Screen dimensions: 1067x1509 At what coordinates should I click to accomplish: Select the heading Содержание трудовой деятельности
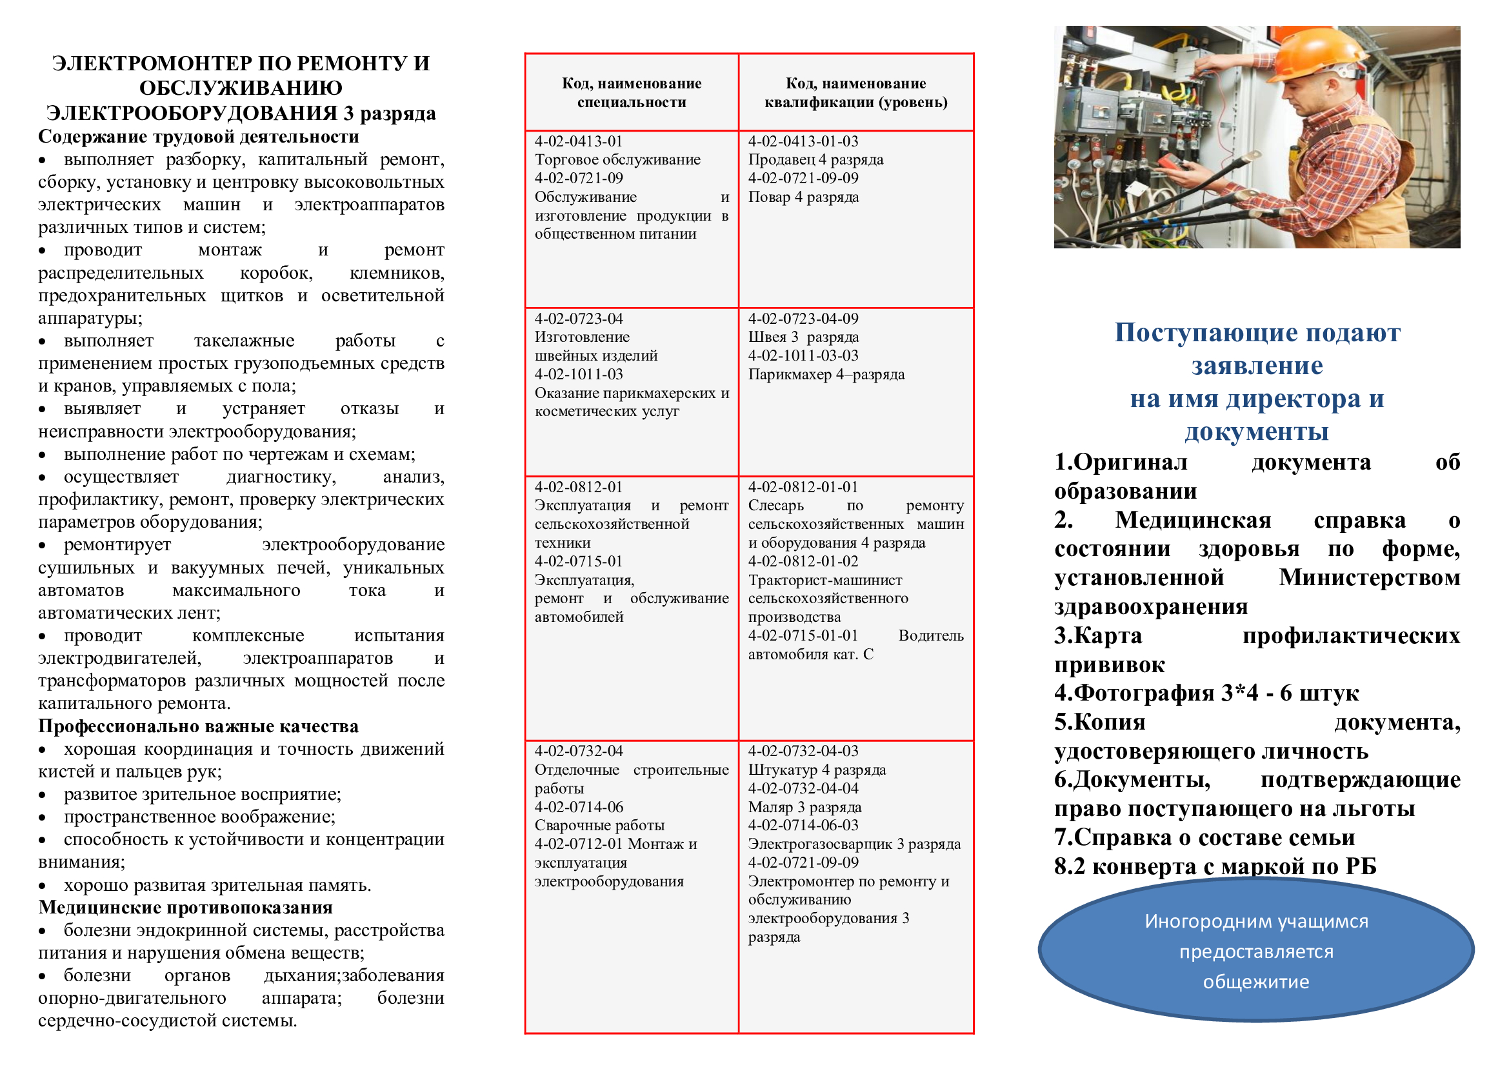pos(199,137)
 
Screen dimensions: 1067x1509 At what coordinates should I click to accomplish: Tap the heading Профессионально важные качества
pos(199,726)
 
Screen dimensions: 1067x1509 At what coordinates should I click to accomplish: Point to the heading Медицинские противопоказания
pos(185,908)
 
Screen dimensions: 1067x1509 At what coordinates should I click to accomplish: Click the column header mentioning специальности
pos(631,93)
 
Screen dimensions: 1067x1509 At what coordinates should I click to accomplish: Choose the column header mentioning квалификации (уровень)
pos(855,93)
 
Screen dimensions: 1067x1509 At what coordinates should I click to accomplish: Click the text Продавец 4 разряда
pos(815,159)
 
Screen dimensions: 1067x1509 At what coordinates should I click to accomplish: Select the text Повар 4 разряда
pos(803,197)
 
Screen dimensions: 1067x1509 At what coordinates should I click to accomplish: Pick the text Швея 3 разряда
pos(803,337)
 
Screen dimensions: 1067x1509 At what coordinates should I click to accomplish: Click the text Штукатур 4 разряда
pos(817,770)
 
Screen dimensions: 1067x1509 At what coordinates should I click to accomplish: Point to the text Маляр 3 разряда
pos(804,807)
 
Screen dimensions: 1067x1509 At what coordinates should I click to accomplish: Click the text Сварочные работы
pos(599,825)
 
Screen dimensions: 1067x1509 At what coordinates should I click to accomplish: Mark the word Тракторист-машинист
pos(825,580)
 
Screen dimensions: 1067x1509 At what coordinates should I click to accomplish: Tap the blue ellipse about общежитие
pos(1256,951)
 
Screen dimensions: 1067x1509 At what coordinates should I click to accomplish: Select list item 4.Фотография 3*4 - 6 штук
pos(1206,693)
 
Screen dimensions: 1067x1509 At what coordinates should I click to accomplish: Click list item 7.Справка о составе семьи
pos(1204,838)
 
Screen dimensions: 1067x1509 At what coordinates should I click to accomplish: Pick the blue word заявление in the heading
pos(1257,366)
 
